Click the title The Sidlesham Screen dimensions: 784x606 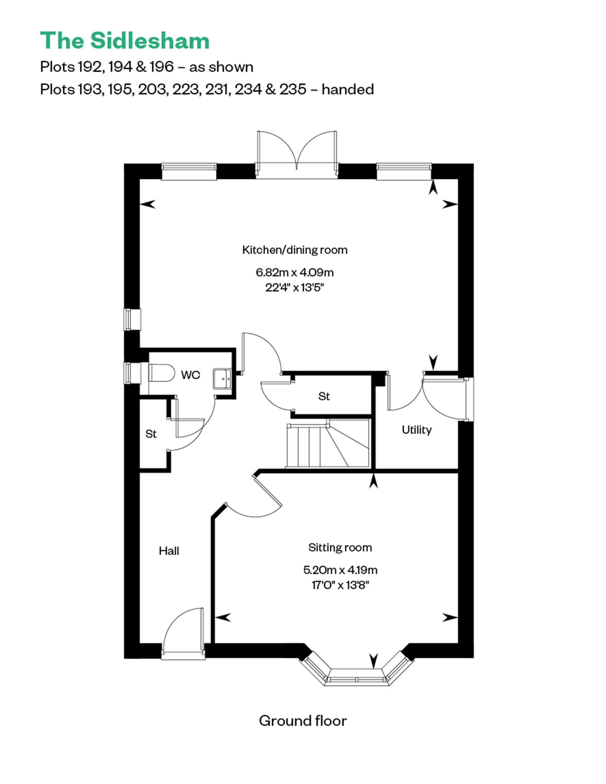coord(125,41)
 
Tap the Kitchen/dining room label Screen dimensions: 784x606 coord(294,250)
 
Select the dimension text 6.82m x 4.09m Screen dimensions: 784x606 coord(294,272)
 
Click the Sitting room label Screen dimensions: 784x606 coord(340,547)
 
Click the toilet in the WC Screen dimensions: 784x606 coord(161,373)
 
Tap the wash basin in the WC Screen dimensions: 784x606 coord(222,378)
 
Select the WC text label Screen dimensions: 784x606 coord(190,375)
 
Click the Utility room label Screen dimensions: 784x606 coord(416,430)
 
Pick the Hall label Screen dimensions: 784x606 coord(169,551)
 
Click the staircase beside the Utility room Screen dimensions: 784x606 coord(327,445)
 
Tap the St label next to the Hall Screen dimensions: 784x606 coord(151,434)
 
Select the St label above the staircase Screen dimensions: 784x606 coord(324,396)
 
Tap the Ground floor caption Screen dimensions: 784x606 coord(302,721)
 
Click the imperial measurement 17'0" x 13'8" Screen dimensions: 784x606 coord(340,585)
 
